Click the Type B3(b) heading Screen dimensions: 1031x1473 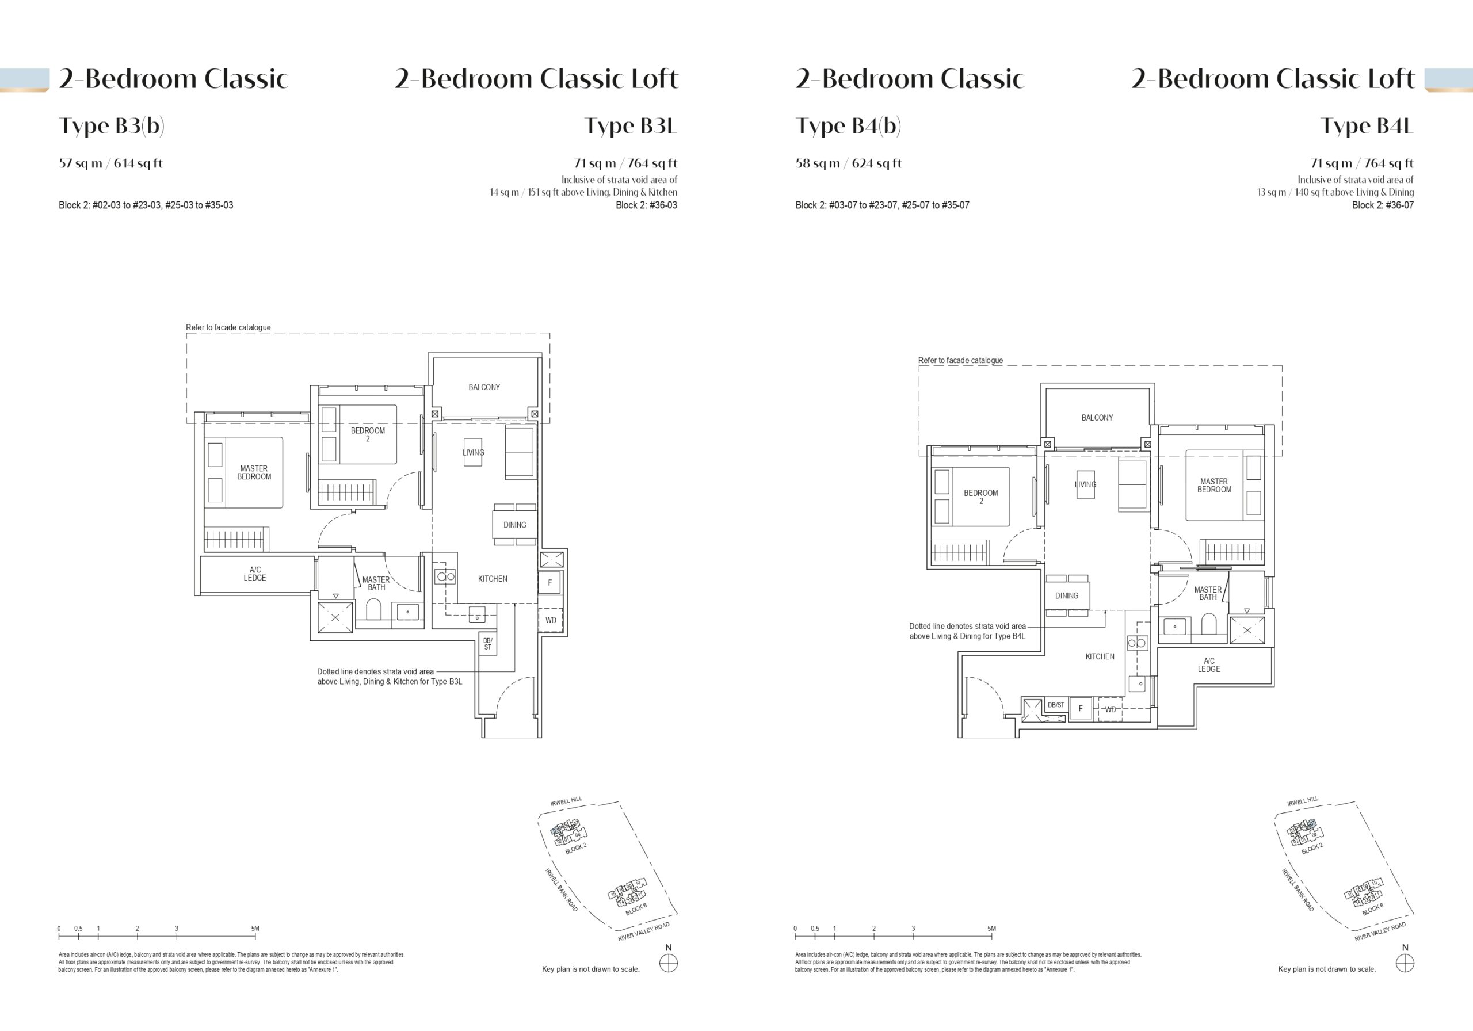pos(112,126)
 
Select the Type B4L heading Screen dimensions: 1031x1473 pos(1367,126)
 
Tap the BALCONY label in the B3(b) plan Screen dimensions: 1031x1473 pos(484,387)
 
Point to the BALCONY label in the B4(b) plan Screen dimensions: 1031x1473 pos(1097,418)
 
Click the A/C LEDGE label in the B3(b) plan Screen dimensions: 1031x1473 pos(255,574)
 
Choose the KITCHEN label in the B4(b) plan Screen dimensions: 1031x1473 pos(1100,656)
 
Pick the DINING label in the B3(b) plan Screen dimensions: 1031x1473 pos(514,525)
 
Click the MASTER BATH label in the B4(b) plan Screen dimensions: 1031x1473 pos(1207,593)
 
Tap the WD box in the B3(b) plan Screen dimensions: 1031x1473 pos(551,620)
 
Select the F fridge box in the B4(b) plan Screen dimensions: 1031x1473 pos(1081,708)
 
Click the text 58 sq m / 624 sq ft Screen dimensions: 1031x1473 pos(848,163)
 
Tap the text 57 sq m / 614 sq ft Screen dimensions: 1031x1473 pos(110,163)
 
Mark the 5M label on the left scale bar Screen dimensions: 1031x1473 pos(255,929)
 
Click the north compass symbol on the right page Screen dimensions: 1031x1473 pos(1405,963)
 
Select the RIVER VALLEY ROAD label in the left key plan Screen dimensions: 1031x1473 pos(643,931)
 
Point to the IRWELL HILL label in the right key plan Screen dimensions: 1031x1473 pos(1302,801)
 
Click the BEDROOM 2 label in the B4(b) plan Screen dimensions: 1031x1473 pos(981,497)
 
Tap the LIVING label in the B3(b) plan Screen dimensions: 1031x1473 pos(474,452)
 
